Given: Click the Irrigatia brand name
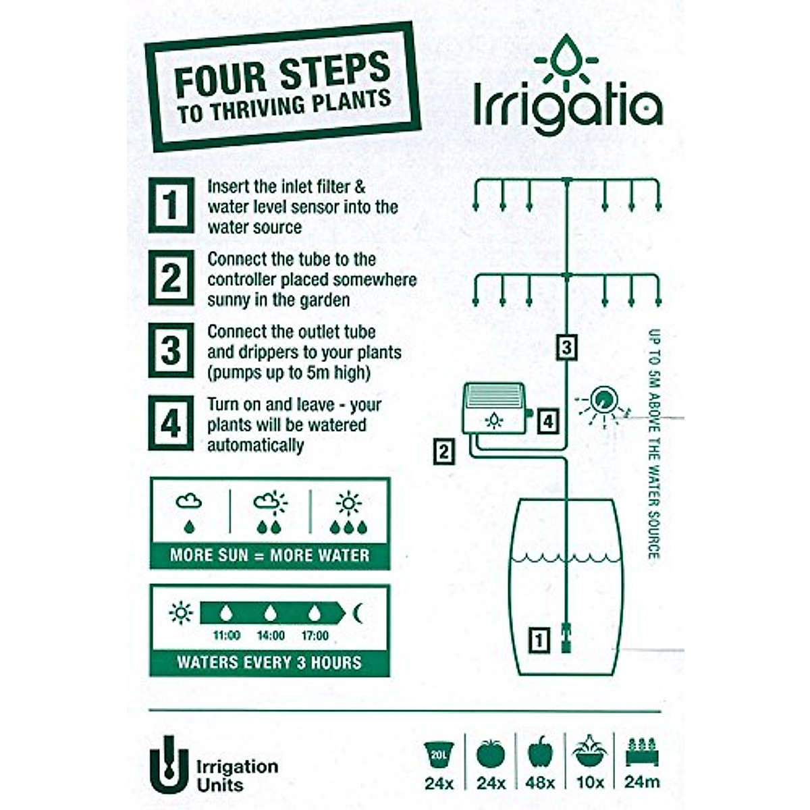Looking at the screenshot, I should coord(568,105).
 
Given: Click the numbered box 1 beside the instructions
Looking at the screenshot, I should coord(171,205).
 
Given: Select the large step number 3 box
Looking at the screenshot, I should coord(171,350).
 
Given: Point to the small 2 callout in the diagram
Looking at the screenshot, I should coord(443,452).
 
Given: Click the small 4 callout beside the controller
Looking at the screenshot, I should coord(548,422).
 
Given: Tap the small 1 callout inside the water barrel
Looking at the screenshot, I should coord(538,639).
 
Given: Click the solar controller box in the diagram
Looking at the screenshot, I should coord(494,410).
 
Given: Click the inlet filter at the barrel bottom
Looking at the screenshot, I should coord(567,638).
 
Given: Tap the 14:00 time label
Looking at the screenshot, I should coord(271,635).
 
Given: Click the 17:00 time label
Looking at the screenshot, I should coord(315,635).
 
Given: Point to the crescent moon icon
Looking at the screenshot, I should coord(358,613).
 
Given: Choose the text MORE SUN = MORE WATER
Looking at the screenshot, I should coord(269,556).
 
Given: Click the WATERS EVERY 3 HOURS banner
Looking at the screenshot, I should coord(269,662).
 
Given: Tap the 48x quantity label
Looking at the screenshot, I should coord(540,783).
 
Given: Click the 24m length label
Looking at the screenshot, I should coord(642,783).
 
